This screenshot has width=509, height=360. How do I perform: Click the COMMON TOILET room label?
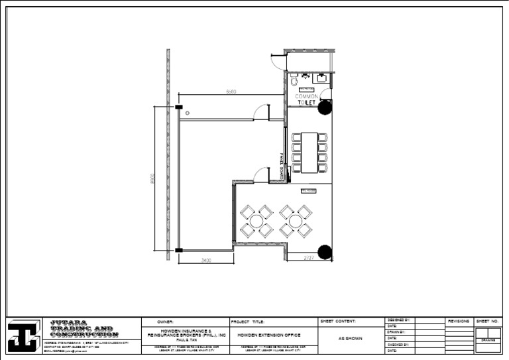click(x=306, y=99)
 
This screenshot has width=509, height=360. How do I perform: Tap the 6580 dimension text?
click(x=231, y=91)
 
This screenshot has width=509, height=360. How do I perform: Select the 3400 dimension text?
click(x=206, y=261)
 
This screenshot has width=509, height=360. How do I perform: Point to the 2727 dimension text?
click(x=309, y=257)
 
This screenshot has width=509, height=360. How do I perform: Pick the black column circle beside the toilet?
click(x=325, y=107)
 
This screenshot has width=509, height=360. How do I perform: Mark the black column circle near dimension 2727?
click(x=325, y=251)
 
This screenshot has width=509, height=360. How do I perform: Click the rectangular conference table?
click(x=310, y=152)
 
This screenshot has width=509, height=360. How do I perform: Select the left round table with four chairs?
click(x=256, y=221)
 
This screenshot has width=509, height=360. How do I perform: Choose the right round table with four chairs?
click(x=296, y=221)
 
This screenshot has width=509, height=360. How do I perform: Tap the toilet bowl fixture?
click(x=294, y=79)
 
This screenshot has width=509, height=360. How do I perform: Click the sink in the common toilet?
click(x=321, y=78)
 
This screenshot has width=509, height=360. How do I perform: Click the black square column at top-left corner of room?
click(x=179, y=107)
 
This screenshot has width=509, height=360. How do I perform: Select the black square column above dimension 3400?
click(x=179, y=250)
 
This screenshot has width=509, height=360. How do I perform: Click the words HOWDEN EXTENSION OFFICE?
click(x=269, y=335)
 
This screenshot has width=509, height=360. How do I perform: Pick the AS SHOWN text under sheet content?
click(x=351, y=338)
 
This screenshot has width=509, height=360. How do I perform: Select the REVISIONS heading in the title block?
click(x=459, y=321)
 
